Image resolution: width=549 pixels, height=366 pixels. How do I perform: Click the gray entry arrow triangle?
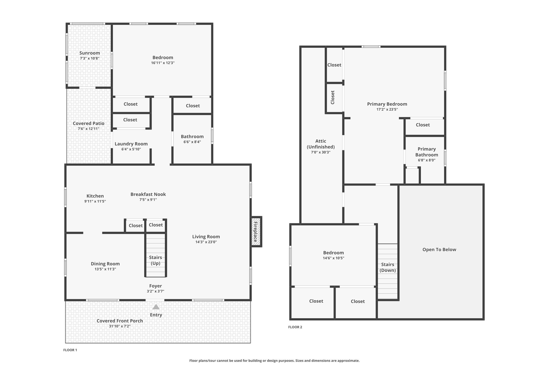coord(156,307)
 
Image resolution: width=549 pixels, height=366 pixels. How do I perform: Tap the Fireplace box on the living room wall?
coord(256,232)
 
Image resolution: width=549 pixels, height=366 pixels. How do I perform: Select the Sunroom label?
coord(90,53)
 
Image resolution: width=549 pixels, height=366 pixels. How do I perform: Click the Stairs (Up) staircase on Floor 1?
coord(156,255)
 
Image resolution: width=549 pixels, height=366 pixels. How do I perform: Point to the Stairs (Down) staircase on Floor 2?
coord(388,271)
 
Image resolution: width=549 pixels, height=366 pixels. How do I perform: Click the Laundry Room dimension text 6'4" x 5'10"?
coord(131,149)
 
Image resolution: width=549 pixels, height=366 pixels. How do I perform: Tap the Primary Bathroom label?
coord(427,152)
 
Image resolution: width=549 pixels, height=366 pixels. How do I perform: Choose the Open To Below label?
coord(439,250)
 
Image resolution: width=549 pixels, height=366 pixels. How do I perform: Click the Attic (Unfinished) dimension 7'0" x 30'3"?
coord(321,152)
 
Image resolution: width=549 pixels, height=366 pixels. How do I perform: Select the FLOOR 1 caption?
coord(70,350)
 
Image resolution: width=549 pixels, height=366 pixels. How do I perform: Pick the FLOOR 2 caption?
coord(295,327)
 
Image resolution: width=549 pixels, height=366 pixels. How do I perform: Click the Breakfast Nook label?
coord(148,194)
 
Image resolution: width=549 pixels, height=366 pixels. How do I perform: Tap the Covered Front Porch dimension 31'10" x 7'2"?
coord(120,326)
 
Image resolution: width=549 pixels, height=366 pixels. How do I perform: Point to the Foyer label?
coord(155,286)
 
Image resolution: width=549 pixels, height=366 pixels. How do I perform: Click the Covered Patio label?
coord(89,124)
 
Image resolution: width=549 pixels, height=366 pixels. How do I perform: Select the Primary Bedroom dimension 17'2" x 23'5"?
coord(387,109)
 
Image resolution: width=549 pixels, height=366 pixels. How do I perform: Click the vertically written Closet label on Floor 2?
coord(333,97)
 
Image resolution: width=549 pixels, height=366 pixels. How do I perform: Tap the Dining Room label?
coord(105,264)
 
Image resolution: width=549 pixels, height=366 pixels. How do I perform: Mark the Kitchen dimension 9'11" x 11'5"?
coord(95,201)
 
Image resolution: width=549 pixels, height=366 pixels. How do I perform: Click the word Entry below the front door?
coord(156,315)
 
